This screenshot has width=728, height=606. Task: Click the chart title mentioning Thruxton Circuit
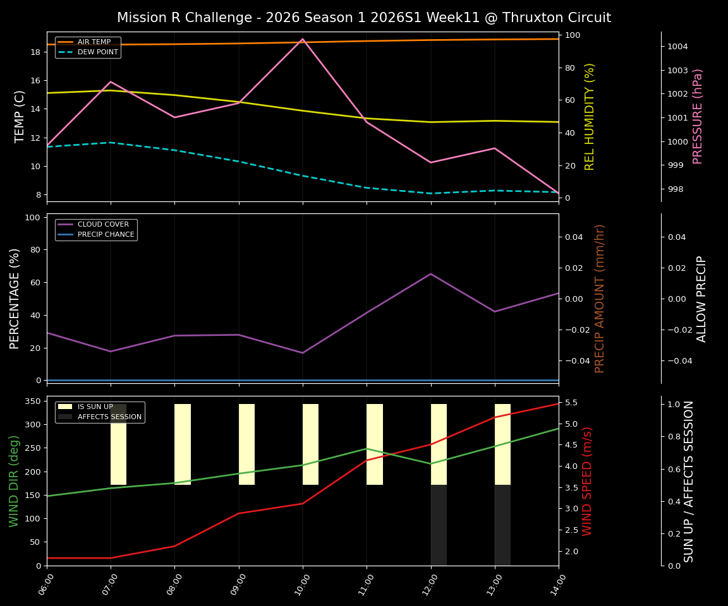click(363, 18)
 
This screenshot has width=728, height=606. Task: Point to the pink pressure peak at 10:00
click(303, 39)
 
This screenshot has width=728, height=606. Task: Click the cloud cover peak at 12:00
click(430, 274)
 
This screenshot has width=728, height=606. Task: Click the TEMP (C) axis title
click(20, 116)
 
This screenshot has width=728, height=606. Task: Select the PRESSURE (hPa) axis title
click(698, 116)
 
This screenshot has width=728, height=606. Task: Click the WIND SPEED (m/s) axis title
click(588, 481)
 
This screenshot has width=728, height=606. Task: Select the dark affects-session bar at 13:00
click(502, 525)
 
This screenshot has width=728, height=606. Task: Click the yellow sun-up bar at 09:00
click(246, 444)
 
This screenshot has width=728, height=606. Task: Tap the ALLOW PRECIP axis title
click(701, 299)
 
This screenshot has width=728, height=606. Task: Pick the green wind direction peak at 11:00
click(367, 449)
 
